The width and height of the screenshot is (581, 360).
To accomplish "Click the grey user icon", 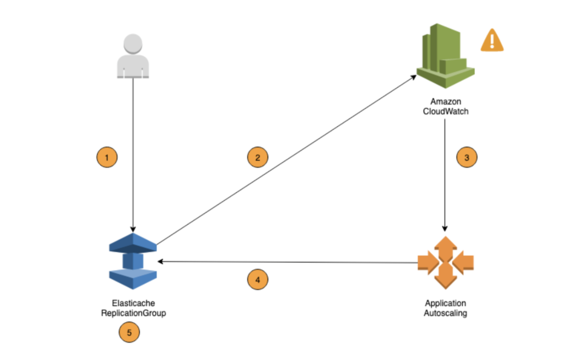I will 133,56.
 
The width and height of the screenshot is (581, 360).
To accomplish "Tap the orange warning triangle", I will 492,41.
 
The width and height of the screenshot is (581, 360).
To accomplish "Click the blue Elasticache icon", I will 133,261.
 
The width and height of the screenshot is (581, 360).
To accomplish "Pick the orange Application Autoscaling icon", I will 445,262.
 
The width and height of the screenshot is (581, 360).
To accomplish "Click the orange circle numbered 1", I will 107,157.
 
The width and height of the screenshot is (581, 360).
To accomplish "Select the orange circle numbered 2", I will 258,157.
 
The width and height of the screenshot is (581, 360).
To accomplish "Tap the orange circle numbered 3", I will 467,157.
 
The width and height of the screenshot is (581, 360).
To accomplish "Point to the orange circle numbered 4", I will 258,280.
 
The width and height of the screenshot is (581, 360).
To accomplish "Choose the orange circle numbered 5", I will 129,333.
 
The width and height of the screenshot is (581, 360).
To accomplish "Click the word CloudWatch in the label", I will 445,111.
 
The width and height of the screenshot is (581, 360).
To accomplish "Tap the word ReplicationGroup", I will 133,313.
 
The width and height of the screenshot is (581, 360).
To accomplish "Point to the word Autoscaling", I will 445,313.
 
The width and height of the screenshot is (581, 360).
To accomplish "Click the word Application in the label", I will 445,303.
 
